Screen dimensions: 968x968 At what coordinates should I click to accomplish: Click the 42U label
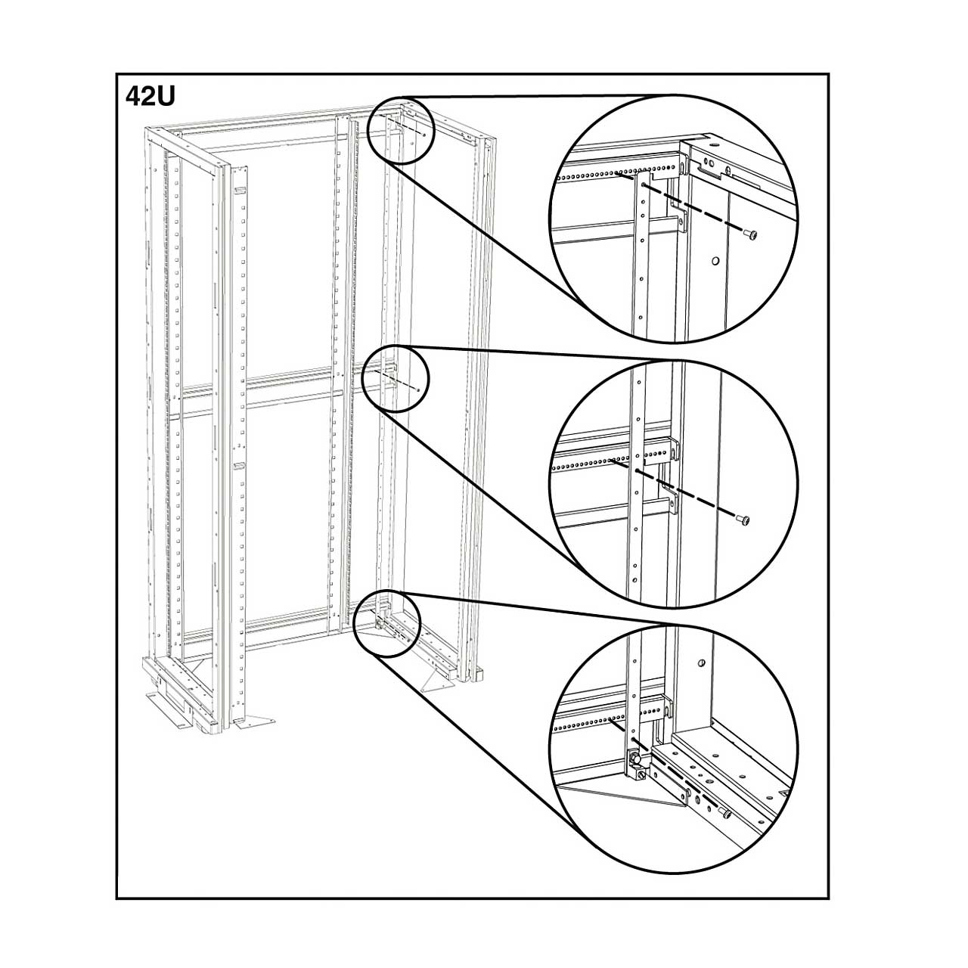click(150, 97)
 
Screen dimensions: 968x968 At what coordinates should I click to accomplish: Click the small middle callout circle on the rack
click(396, 379)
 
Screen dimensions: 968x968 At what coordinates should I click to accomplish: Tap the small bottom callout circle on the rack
click(386, 623)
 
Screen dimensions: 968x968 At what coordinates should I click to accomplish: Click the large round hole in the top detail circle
click(715, 261)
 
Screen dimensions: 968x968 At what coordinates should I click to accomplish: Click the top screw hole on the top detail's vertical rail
click(644, 185)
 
